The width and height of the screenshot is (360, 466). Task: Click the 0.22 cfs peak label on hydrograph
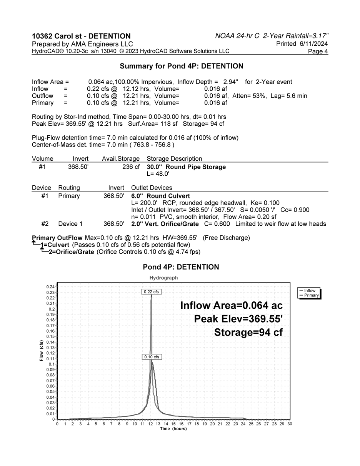tap(151, 292)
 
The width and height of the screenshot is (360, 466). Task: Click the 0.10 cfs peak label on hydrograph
tap(152, 357)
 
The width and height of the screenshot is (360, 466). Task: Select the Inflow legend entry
tap(310, 291)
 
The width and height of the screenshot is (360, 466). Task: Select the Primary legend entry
tap(311, 295)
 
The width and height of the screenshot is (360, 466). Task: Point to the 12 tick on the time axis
tap(150, 424)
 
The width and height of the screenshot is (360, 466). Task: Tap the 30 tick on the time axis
tap(290, 424)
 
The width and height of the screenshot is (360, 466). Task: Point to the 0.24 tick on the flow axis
tap(51, 287)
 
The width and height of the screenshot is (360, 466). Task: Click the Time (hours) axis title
tap(173, 429)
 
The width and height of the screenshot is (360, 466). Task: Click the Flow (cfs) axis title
tap(41, 351)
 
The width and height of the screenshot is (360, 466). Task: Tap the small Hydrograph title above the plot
tap(163, 278)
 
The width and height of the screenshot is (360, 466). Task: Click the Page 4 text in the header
tap(318, 52)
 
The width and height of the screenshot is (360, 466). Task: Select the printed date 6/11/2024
tap(313, 44)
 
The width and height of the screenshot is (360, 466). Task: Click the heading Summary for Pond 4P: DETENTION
tap(182, 66)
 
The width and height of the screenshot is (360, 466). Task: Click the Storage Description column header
tap(174, 159)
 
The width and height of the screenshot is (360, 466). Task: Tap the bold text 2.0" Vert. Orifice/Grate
tap(165, 224)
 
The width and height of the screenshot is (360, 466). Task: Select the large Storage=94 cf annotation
tap(248, 332)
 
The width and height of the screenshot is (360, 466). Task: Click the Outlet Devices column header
tap(152, 188)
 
